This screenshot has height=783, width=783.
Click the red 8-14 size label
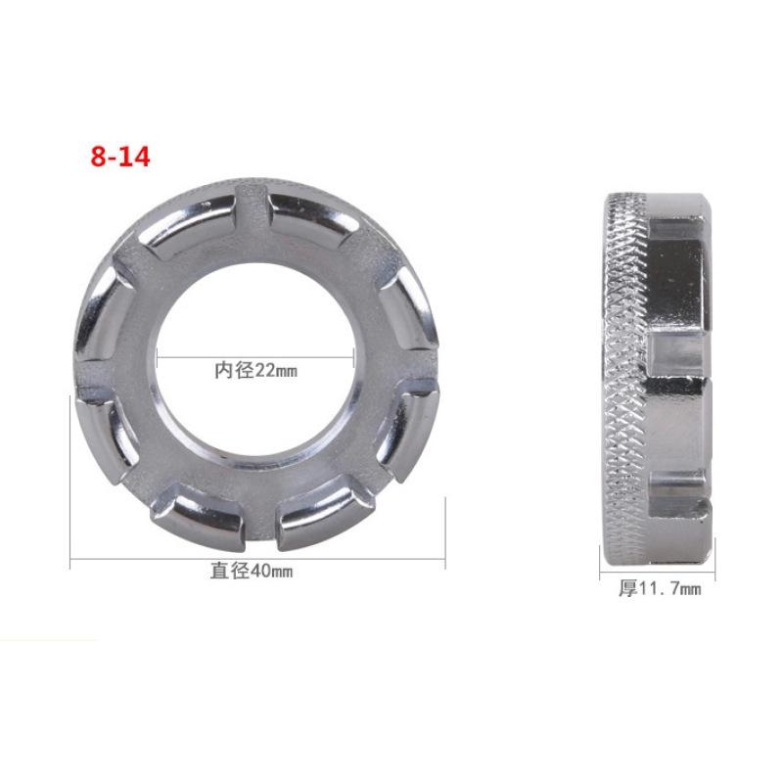coord(120,157)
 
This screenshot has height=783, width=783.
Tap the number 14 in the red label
coord(134,157)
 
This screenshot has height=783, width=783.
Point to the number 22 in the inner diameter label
coord(264,371)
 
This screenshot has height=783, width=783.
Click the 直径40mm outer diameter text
coord(252,572)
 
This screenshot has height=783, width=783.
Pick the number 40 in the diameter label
coord(260,572)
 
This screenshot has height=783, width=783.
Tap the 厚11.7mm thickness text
coord(659,589)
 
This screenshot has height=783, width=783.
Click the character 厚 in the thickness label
coord(626,589)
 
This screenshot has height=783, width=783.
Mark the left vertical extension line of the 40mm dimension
coord(70,480)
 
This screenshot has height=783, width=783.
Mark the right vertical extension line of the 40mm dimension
coord(445,529)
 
